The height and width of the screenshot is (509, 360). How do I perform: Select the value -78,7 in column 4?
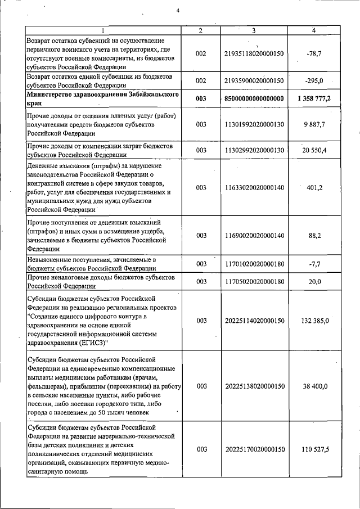click(x=314, y=53)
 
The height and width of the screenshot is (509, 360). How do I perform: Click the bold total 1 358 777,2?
click(x=314, y=98)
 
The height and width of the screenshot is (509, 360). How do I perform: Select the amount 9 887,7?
click(x=314, y=124)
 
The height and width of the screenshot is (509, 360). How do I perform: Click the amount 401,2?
click(x=314, y=187)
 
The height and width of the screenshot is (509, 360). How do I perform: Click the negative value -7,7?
click(x=314, y=264)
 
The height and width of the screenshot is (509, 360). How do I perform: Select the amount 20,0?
click(x=314, y=281)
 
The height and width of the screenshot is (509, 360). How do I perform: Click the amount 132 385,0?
click(x=314, y=320)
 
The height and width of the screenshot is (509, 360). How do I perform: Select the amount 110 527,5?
click(x=314, y=449)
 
